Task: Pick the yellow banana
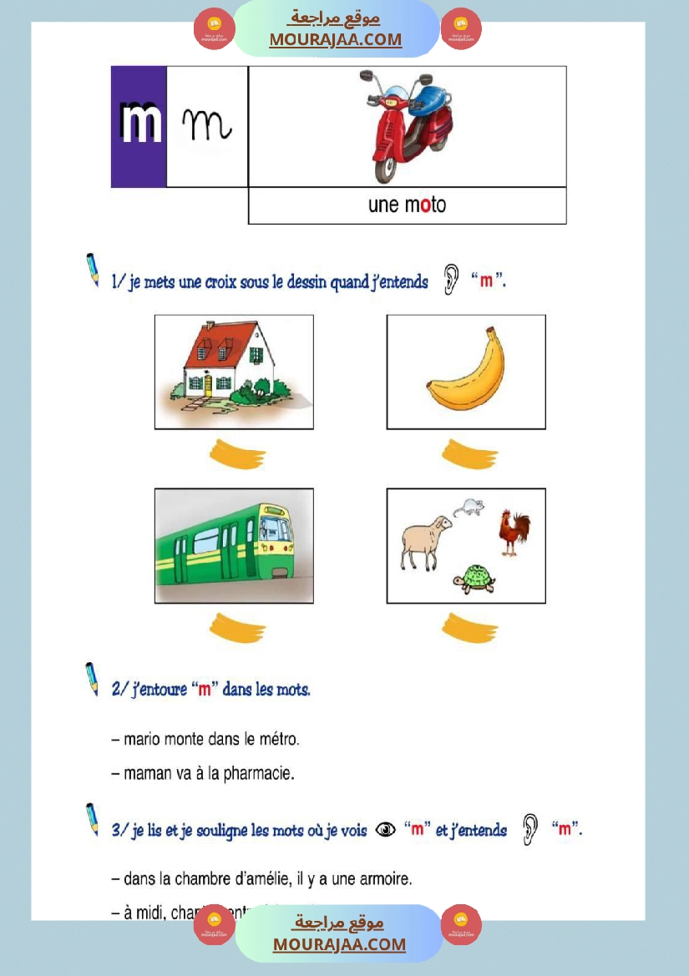click(466, 372)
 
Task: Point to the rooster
click(514, 531)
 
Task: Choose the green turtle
click(474, 579)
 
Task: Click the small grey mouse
click(468, 506)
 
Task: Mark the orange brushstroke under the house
click(237, 455)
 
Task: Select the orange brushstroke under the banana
click(469, 455)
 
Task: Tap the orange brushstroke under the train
click(237, 628)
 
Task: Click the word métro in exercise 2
click(276, 739)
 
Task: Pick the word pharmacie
click(258, 774)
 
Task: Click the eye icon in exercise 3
click(385, 830)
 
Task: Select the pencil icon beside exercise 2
click(91, 679)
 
